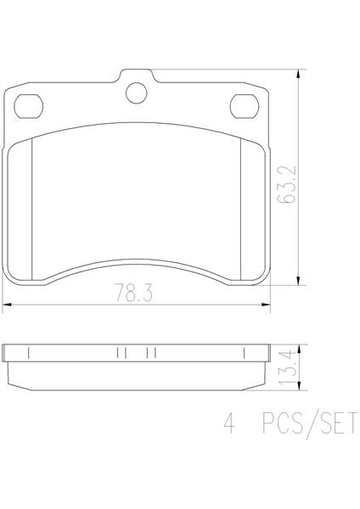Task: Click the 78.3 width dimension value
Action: (134, 293)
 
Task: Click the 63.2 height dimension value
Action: (287, 184)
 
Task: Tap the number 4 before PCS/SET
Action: (229, 422)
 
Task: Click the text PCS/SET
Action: (310, 423)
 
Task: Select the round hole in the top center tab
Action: (137, 93)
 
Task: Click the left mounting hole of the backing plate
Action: (29, 106)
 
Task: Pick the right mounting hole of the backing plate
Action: (245, 106)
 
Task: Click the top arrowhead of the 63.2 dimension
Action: (298, 75)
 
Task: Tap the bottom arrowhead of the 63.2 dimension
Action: (298, 281)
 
